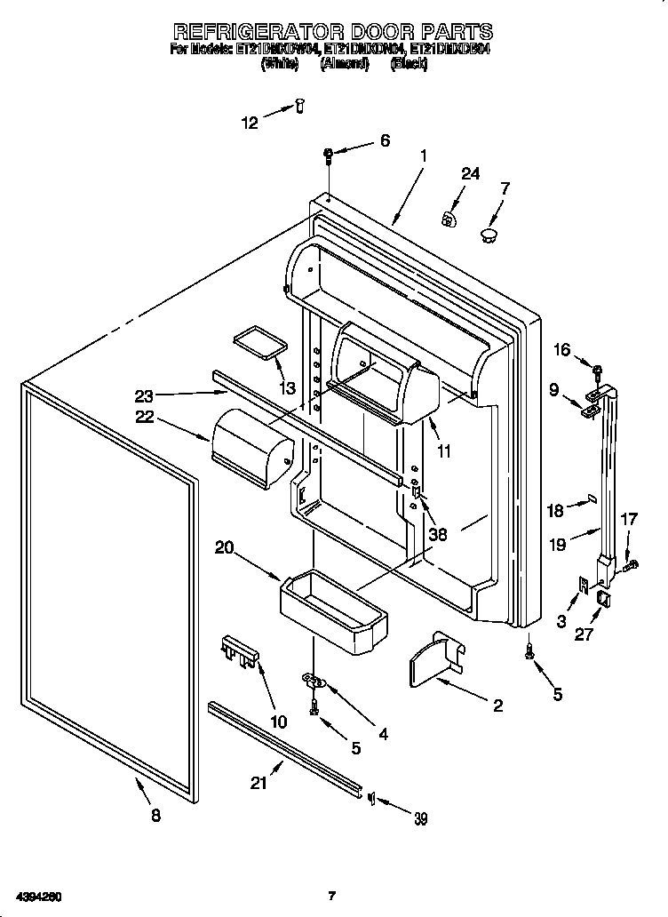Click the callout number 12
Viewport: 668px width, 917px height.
coord(250,124)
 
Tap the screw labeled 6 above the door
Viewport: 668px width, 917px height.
coord(329,156)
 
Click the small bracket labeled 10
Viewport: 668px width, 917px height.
coord(239,653)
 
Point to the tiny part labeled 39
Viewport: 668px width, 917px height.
coord(371,796)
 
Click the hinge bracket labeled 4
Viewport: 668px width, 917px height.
coord(314,682)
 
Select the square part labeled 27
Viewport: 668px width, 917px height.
coord(603,599)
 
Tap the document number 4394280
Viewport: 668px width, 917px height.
coord(36,896)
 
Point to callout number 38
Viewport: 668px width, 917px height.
coord(437,535)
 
